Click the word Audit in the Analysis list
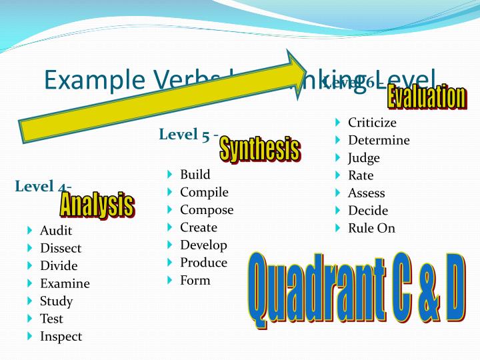click(56, 231)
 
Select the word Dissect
click(61, 248)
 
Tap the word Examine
click(65, 283)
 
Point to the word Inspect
click(61, 336)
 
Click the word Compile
click(204, 192)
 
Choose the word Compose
click(207, 210)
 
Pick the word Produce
click(203, 263)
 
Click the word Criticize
click(372, 123)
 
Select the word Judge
click(364, 158)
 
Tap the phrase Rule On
click(371, 228)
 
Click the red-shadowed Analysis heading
click(97, 204)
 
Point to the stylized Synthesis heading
click(259, 149)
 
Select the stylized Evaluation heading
click(426, 97)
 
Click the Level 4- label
click(43, 186)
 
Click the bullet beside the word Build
click(171, 175)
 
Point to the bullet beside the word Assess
click(339, 193)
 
